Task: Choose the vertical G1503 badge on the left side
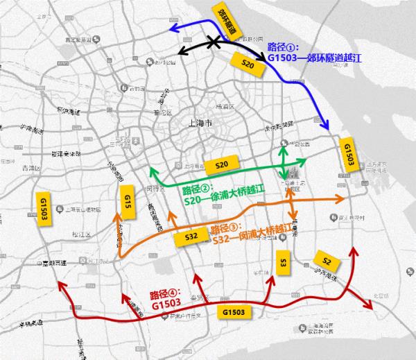click(44, 206)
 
